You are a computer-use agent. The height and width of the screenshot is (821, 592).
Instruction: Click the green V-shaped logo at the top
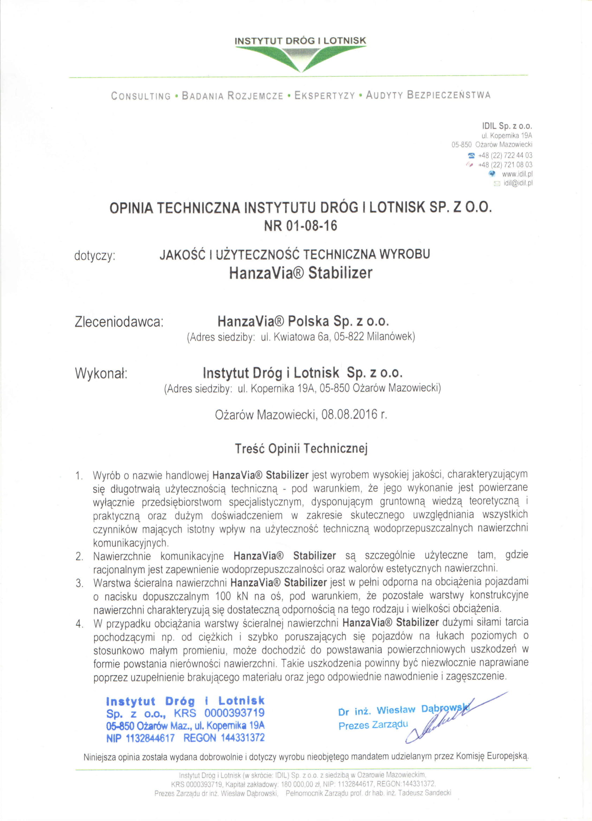click(x=300, y=58)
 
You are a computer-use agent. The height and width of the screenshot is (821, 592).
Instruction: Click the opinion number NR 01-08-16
click(x=300, y=226)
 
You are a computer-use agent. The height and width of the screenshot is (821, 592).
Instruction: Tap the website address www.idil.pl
click(x=517, y=174)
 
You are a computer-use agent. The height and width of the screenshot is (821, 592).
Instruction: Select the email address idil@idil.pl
click(x=518, y=183)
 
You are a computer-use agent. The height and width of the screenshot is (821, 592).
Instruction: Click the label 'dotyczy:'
click(x=95, y=256)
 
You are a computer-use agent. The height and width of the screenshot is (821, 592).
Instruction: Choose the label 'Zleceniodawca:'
click(x=119, y=322)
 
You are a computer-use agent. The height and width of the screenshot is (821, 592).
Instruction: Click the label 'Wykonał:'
click(x=101, y=373)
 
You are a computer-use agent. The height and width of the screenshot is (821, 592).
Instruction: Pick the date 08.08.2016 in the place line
click(x=349, y=414)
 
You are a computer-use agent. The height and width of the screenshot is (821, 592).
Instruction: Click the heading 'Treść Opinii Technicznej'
click(x=301, y=449)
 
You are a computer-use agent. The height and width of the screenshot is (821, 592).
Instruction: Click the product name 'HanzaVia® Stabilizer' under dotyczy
click(x=300, y=273)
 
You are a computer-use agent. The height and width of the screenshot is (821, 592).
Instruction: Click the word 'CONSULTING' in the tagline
click(x=141, y=96)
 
